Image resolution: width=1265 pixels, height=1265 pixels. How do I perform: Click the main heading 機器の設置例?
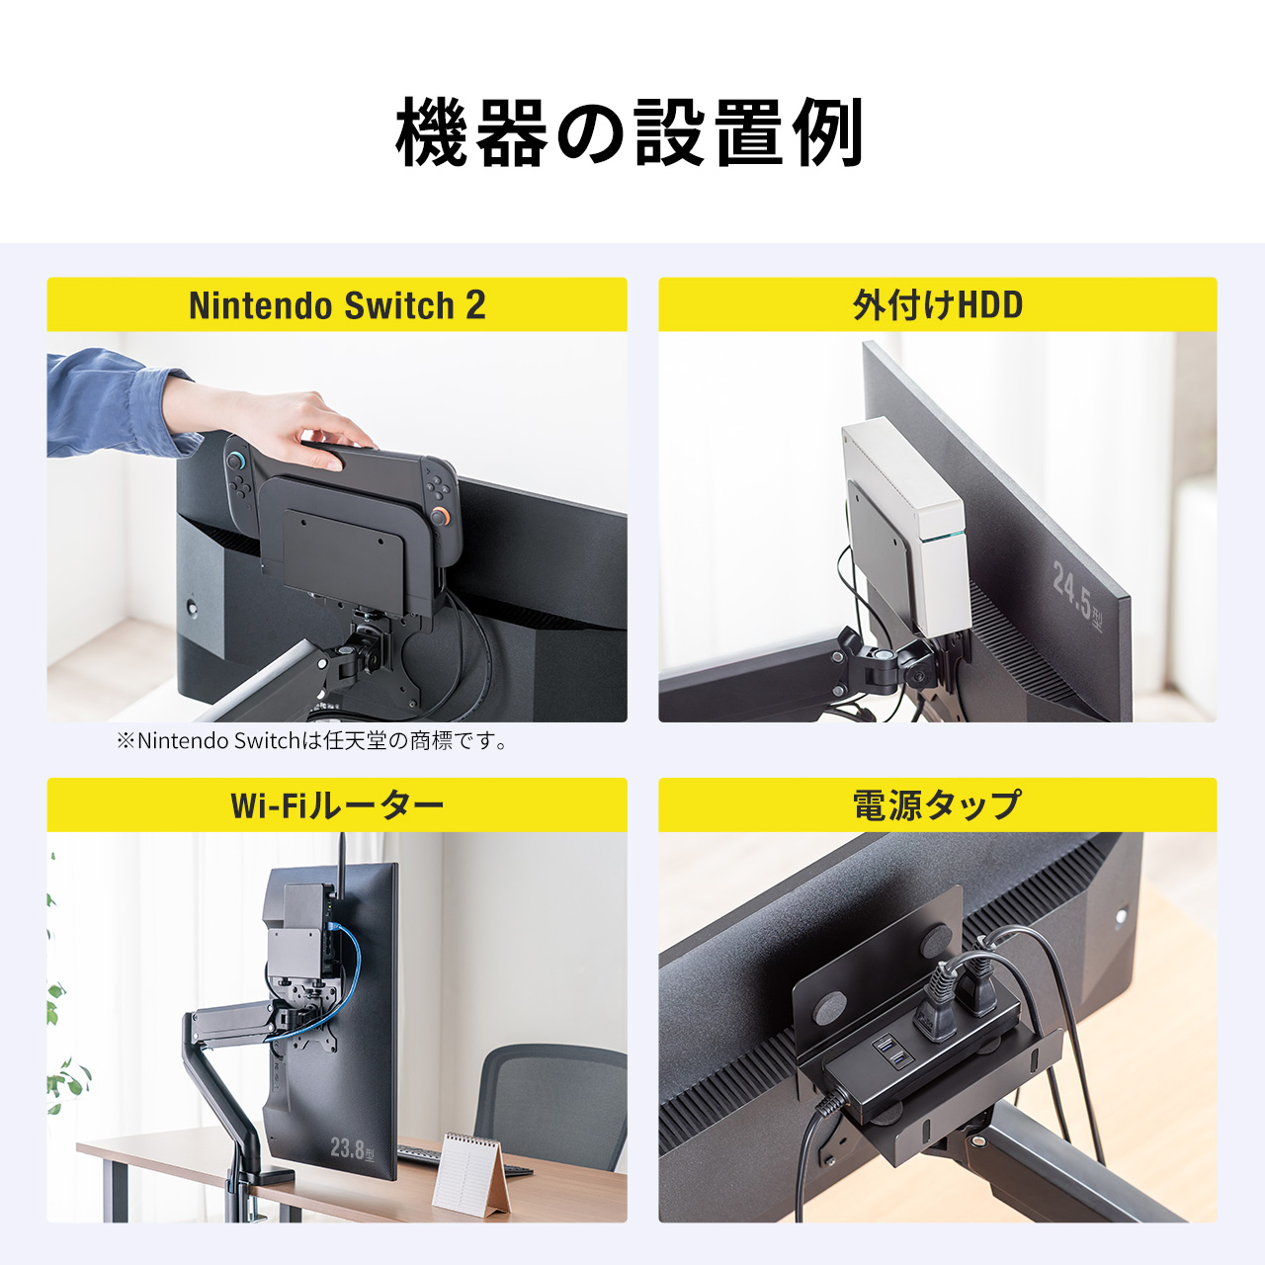tap(631, 132)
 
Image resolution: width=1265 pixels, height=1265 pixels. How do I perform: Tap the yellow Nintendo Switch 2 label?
tap(337, 305)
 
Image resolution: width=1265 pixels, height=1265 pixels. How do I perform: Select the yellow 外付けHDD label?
tap(937, 305)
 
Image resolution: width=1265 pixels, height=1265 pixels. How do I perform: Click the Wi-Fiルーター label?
tap(337, 805)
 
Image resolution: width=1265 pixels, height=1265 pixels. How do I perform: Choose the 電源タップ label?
tap(937, 805)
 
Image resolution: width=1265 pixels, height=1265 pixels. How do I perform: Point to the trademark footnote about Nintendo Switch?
tap(313, 741)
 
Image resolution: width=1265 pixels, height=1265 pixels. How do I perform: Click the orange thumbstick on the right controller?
tap(438, 515)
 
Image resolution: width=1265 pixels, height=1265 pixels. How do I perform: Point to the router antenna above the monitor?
tap(342, 850)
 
